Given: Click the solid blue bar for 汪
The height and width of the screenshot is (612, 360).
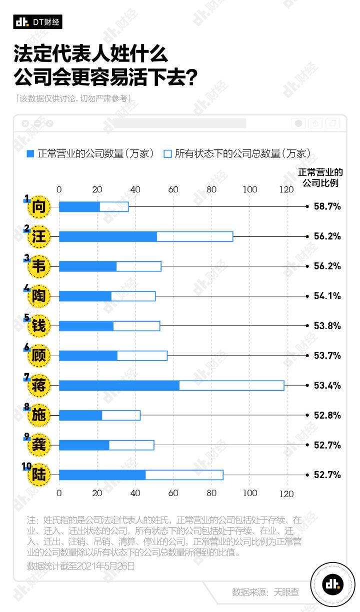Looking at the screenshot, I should (108, 237).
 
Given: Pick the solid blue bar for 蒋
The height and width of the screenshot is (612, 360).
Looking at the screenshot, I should (119, 386).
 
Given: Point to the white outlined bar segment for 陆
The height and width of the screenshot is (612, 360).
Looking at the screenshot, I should (184, 475).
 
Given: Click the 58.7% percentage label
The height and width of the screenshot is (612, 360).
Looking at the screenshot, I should (327, 206).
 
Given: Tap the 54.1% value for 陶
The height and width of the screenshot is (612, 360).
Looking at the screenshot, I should (327, 296).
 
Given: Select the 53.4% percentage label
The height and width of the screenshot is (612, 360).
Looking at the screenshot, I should (327, 386).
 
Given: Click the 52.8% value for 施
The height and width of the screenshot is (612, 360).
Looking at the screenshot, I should (327, 416).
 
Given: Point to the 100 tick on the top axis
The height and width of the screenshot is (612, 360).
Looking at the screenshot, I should (250, 189).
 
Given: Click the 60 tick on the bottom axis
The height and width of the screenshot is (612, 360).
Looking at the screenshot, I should (173, 493).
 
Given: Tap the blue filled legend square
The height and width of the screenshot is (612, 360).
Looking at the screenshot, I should (30, 154).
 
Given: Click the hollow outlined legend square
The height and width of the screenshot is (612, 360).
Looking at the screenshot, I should (167, 154).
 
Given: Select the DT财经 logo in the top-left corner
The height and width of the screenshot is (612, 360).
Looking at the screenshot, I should (37, 22).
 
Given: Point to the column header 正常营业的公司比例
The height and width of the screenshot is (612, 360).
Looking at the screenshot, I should (320, 177).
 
